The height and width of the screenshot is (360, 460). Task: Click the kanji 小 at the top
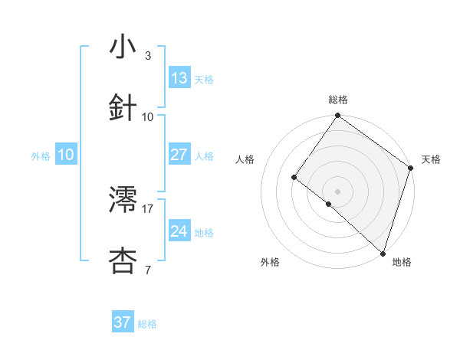(x=123, y=47)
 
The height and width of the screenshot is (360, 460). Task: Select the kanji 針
(x=123, y=107)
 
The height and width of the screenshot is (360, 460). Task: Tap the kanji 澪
(x=123, y=200)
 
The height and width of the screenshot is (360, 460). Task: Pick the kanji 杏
(x=123, y=260)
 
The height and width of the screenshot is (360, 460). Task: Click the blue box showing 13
(x=179, y=77)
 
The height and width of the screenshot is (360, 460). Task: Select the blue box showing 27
(x=179, y=155)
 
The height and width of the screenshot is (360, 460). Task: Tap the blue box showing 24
(x=179, y=231)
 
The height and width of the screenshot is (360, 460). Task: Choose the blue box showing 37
(x=122, y=322)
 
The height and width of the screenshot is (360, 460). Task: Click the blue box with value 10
(x=66, y=155)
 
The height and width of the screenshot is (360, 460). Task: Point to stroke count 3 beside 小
(x=148, y=56)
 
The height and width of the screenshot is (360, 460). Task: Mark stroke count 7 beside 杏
(x=148, y=270)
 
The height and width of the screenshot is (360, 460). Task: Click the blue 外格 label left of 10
(x=41, y=155)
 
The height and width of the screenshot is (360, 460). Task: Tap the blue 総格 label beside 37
(x=147, y=323)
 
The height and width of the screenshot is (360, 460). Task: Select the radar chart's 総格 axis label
(x=338, y=100)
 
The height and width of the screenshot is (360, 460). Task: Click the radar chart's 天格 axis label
(x=432, y=159)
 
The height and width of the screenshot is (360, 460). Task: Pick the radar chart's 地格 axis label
(x=402, y=262)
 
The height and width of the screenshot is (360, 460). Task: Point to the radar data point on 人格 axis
(x=294, y=177)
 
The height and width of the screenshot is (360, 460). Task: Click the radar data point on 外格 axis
(x=329, y=204)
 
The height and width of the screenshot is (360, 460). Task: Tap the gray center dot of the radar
(x=338, y=191)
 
